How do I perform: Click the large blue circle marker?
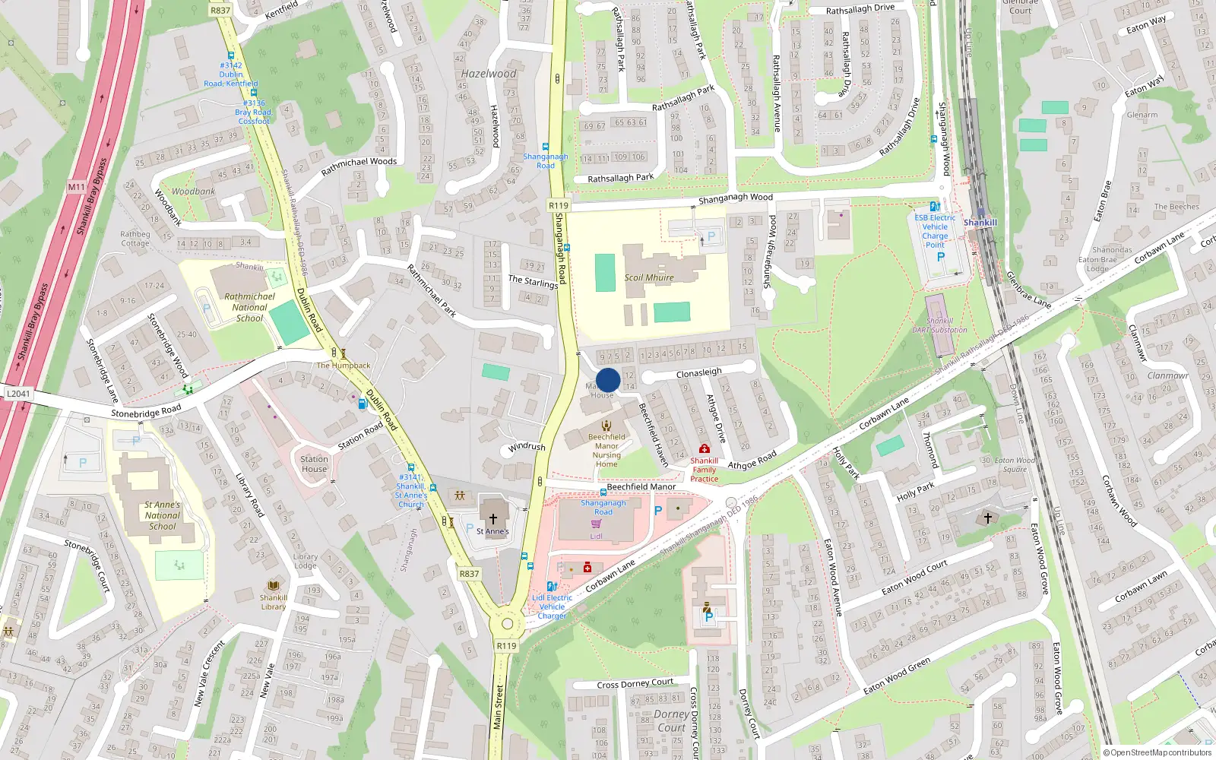coord(608,380)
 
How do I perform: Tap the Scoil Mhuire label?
coord(649,277)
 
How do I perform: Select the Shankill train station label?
coord(980,223)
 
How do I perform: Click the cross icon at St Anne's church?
coord(492,519)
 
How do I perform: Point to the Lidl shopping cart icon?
coord(596,524)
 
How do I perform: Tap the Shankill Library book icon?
coord(273,586)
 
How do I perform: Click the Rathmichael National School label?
coord(249,307)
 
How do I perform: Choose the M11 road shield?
coord(76,187)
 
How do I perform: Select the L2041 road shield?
coord(18,394)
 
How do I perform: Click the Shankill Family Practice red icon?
coord(704,449)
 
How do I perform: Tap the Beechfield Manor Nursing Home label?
coord(606,451)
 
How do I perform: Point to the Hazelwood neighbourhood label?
coord(488,74)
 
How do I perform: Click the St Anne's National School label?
coord(163,515)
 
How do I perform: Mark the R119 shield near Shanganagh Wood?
coord(559,205)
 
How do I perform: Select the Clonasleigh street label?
coord(698,372)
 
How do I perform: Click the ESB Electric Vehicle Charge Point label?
coord(935,231)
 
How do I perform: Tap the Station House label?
coord(314,464)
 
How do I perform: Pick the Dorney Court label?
coord(672,720)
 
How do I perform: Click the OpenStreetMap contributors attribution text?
coord(1161,752)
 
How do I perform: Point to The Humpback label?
coord(344,366)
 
